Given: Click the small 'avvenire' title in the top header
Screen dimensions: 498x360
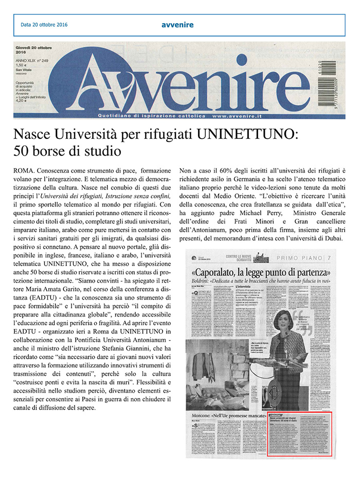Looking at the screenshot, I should [177, 24].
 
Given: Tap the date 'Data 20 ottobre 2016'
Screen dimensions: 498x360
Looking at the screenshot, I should [44, 24].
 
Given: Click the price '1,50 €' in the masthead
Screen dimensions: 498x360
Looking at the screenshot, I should [22, 66].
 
